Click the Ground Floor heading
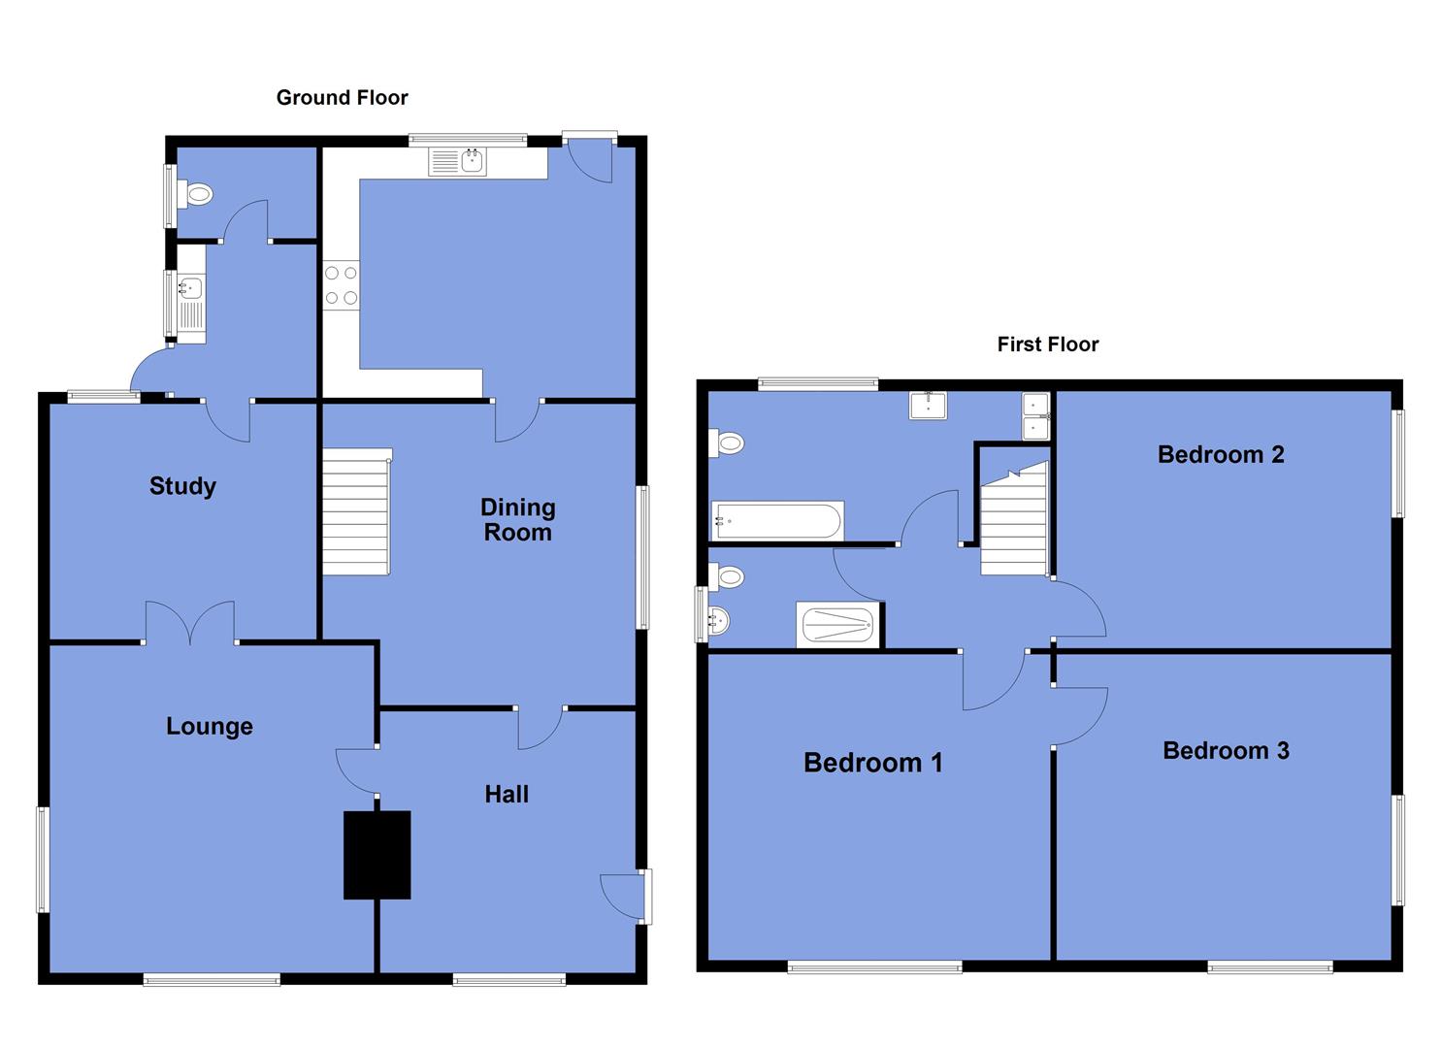pyautogui.click(x=342, y=97)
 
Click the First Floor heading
pyautogui.click(x=1047, y=344)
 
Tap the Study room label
pyautogui.click(x=182, y=486)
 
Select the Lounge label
pyautogui.click(x=209, y=726)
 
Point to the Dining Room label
pyautogui.click(x=517, y=519)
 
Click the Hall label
pyautogui.click(x=506, y=795)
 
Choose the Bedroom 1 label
pyautogui.click(x=872, y=763)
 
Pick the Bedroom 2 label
pyautogui.click(x=1220, y=454)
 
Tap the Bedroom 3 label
pyautogui.click(x=1225, y=750)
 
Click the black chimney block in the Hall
pyautogui.click(x=377, y=855)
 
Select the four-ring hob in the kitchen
pyautogui.click(x=341, y=286)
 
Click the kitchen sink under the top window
pyautogui.click(x=458, y=161)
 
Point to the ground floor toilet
pyautogui.click(x=196, y=194)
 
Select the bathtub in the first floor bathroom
pyautogui.click(x=777, y=521)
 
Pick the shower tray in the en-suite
pyautogui.click(x=839, y=625)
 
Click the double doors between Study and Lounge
pyautogui.click(x=190, y=623)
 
